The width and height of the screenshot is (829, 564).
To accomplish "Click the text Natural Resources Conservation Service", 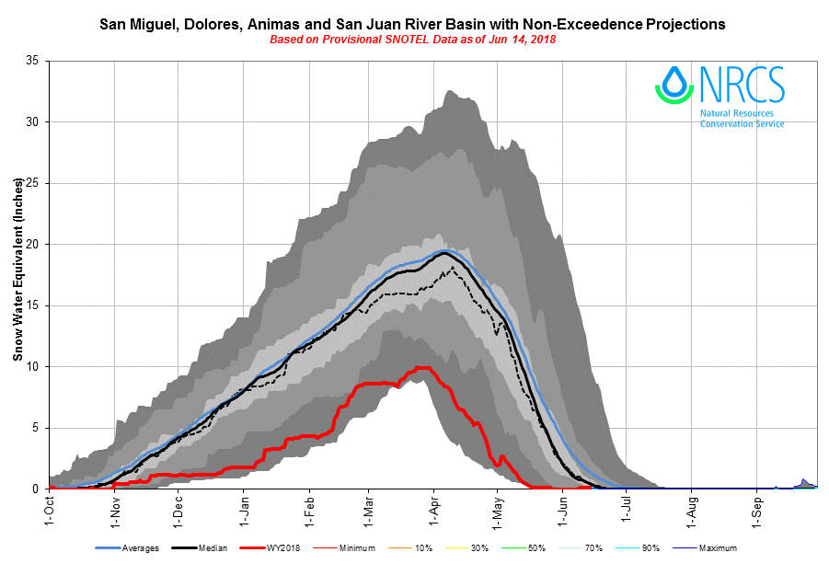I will point(742,119).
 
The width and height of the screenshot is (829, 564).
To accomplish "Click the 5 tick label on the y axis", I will point(34,428).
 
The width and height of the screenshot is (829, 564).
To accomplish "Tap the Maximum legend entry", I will point(716,548).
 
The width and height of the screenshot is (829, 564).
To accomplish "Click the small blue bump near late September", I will point(804,481).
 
